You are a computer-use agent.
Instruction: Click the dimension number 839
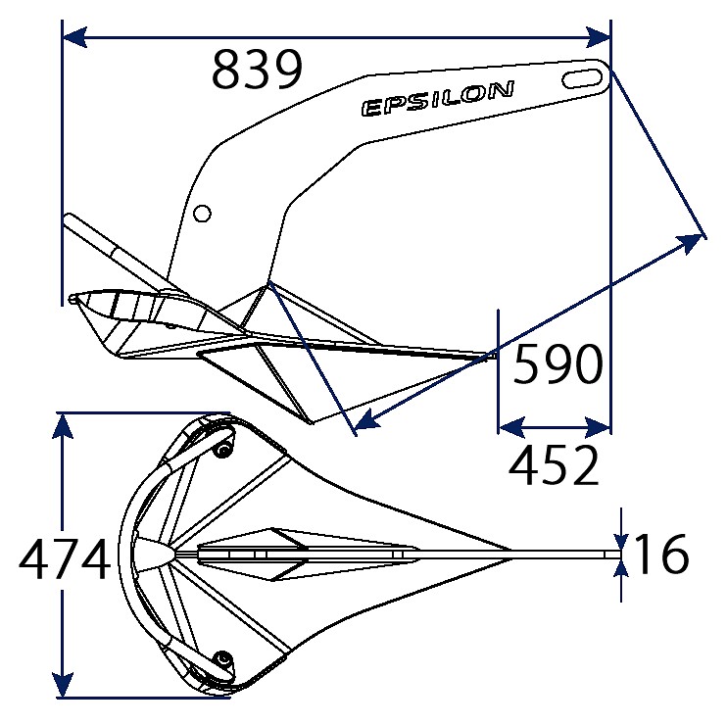coord(257,70)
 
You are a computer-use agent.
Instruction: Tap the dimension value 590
coord(558,363)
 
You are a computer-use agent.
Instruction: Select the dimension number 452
coord(554,465)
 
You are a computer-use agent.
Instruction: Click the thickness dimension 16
coord(661,554)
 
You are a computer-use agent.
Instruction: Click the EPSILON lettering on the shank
coord(438,99)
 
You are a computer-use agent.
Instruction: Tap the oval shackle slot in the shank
coord(581,78)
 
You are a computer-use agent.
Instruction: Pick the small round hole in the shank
coord(203,214)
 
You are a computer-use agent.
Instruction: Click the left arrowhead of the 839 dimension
coord(74,37)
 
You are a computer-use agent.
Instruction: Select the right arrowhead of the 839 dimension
coord(598,37)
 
